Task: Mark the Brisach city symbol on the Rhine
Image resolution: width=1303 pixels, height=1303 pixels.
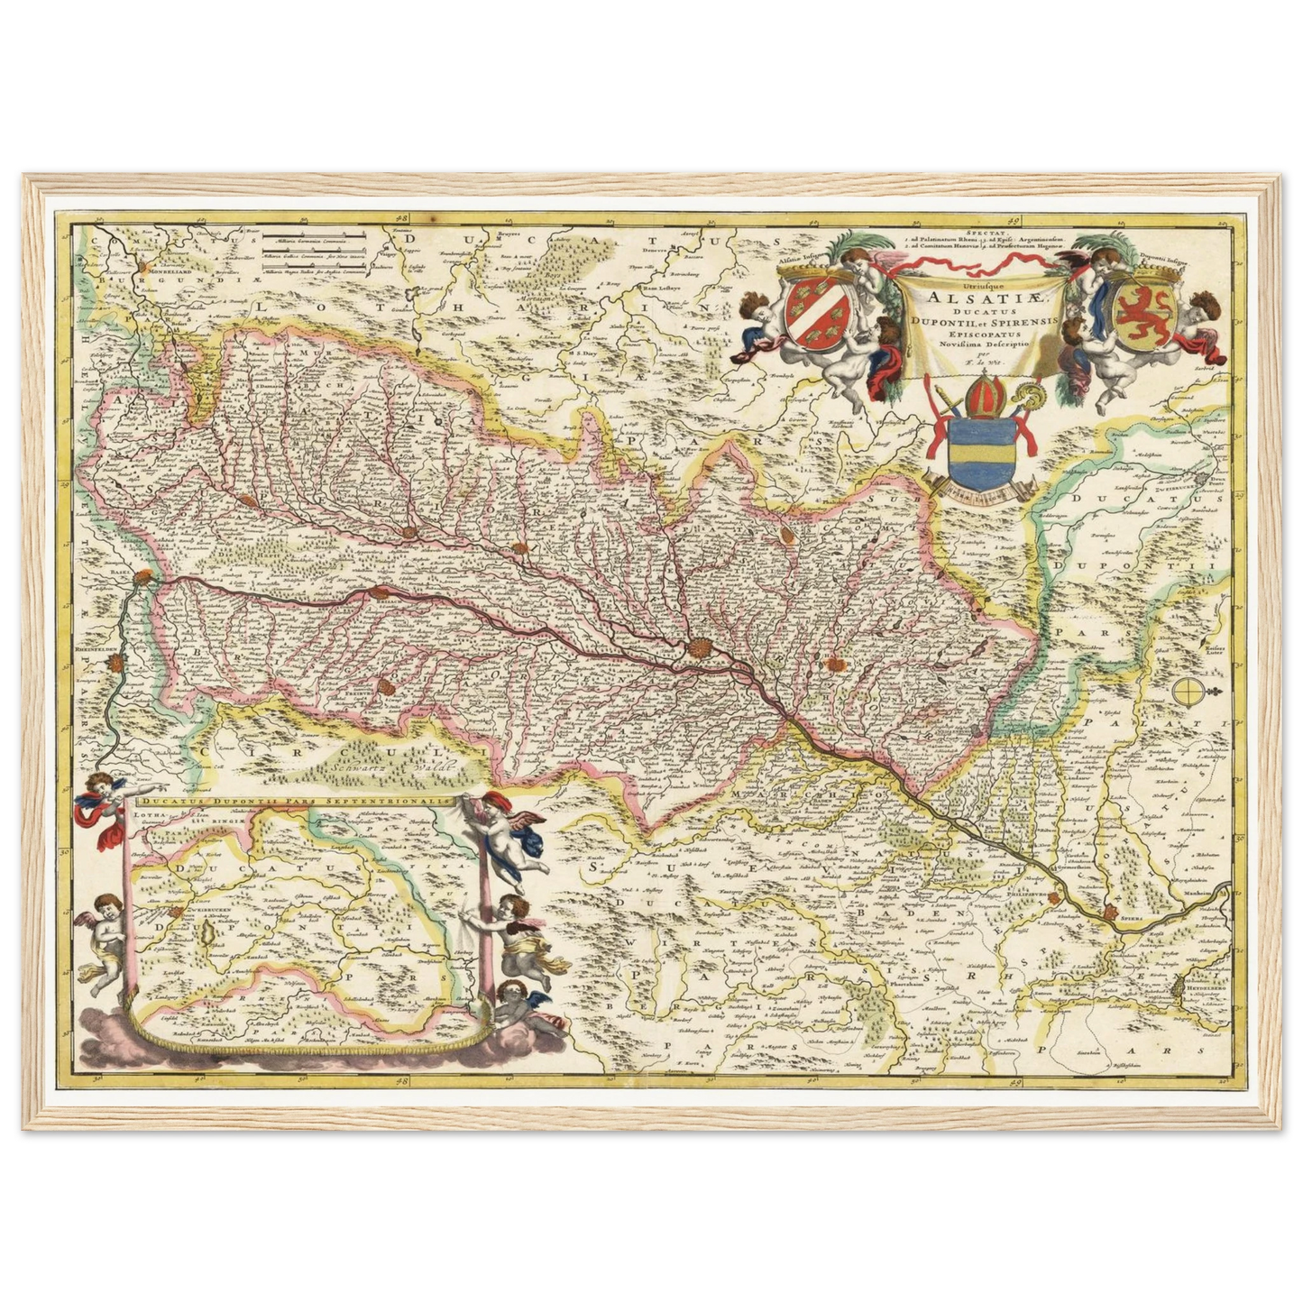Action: pyautogui.click(x=380, y=593)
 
